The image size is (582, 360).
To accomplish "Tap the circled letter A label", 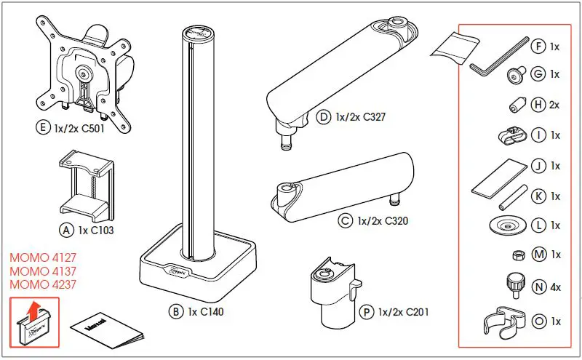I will pyautogui.click(x=65, y=230).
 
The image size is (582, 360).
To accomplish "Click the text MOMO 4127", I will pyautogui.click(x=43, y=258).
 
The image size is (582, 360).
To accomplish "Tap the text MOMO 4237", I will pyautogui.click(x=43, y=285).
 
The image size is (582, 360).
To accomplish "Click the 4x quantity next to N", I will pyautogui.click(x=555, y=287).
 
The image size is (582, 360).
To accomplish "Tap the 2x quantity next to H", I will pyautogui.click(x=555, y=105).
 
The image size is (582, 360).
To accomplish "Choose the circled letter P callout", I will pyautogui.click(x=366, y=312).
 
